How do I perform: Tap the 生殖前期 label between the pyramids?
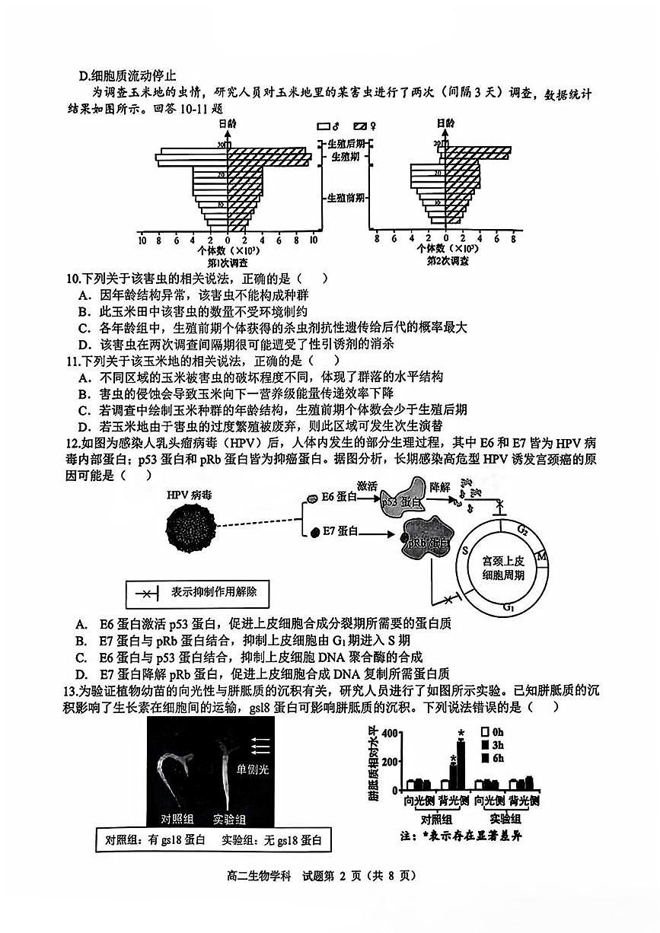pos(346,198)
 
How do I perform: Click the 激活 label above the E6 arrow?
pos(368,485)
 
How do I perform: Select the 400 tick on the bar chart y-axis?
pos(390,733)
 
